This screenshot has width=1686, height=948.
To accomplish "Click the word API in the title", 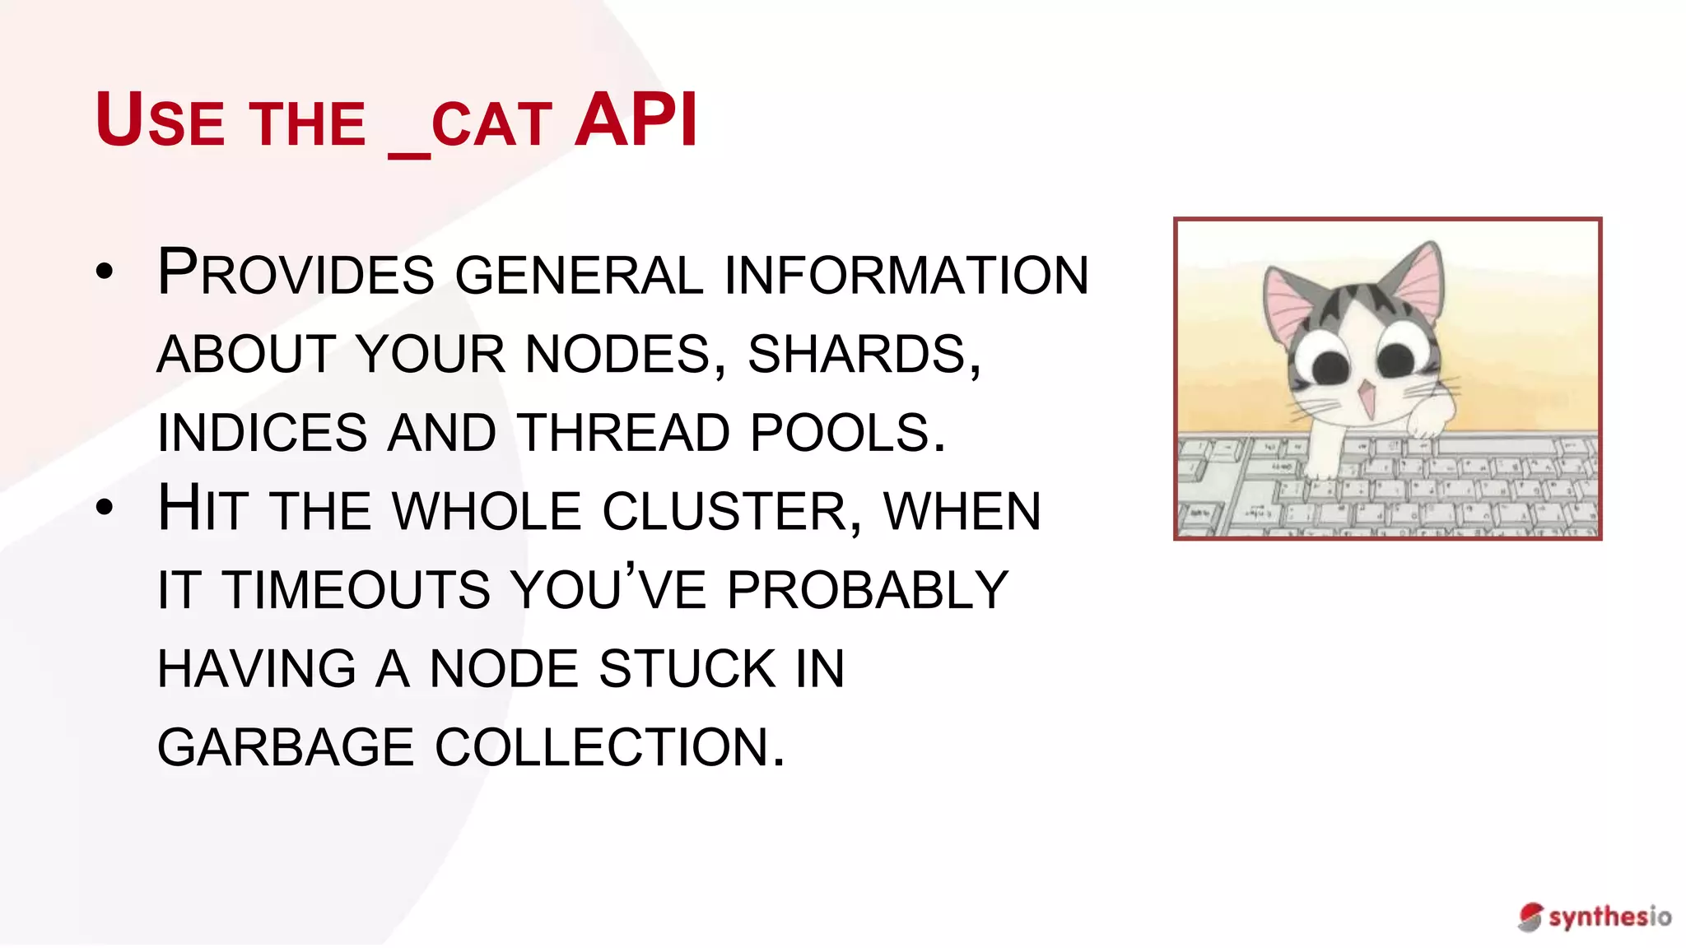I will [x=636, y=120].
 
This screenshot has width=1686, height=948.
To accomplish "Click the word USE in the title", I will [x=160, y=120].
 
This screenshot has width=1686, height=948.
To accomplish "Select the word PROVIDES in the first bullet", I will [x=296, y=273].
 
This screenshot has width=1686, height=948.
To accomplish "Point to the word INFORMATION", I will [x=906, y=275].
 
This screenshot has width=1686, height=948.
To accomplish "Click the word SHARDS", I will [x=864, y=354].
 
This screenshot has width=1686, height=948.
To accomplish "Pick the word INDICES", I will [x=262, y=433].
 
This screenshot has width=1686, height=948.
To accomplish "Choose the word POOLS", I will [x=847, y=433].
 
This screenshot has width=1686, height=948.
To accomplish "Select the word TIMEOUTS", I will [x=356, y=589].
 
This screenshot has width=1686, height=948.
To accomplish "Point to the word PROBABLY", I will [x=868, y=589].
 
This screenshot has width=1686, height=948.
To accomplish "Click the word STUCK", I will [x=687, y=668].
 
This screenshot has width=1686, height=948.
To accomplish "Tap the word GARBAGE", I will [x=286, y=747].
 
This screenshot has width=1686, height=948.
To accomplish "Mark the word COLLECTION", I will [x=610, y=747].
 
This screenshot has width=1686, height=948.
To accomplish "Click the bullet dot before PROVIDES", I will [x=104, y=272].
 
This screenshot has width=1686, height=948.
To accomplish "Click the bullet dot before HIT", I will [x=104, y=508].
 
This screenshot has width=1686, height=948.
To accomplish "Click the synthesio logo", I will [x=1594, y=916].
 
